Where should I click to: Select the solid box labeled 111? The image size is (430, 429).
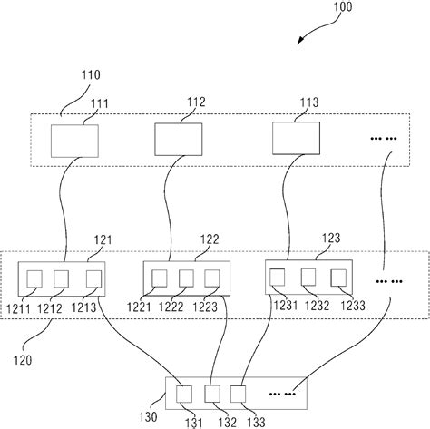pyautogui.click(x=73, y=140)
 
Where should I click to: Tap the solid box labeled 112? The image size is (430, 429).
pyautogui.click(x=180, y=138)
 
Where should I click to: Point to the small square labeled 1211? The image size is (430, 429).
pyautogui.click(x=37, y=277)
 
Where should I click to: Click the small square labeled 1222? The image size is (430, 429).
pyautogui.click(x=186, y=277)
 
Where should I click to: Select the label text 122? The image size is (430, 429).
pyautogui.click(x=210, y=239)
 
